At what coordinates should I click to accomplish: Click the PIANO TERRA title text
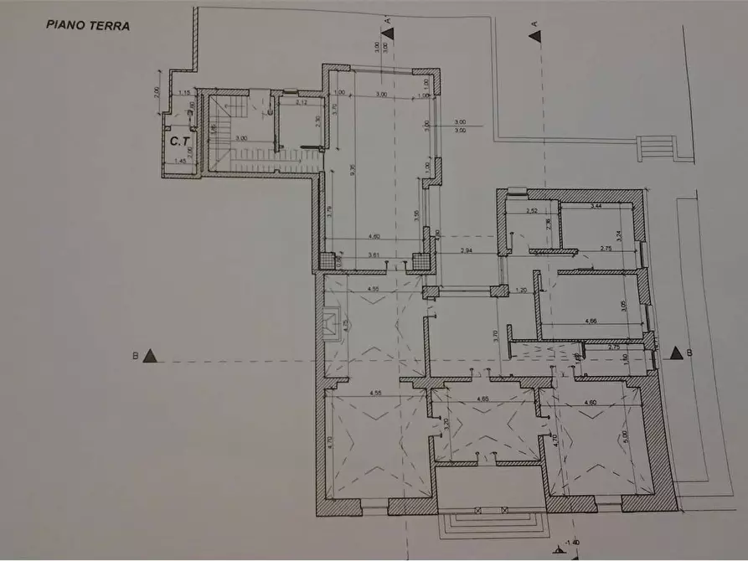tap(87, 26)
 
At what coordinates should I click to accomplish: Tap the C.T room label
tap(178, 142)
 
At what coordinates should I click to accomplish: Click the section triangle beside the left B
tap(150, 356)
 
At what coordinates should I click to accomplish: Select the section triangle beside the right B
tap(675, 353)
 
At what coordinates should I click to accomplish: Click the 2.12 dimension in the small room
tap(302, 103)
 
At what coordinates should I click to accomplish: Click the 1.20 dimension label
tap(519, 291)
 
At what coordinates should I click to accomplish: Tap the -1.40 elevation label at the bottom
tap(573, 542)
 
